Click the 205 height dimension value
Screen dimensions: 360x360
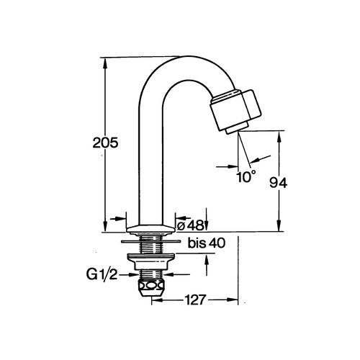[x=105, y=143]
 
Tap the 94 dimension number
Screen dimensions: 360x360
[x=278, y=184]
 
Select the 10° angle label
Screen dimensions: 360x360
[x=246, y=176]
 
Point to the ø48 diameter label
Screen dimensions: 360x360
[x=189, y=225]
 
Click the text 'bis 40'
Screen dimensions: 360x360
[x=207, y=243]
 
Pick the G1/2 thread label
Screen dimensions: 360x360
[x=102, y=275]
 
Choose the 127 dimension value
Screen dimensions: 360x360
[x=195, y=300]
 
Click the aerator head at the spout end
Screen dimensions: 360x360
[x=235, y=110]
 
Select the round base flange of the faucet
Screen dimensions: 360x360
[x=150, y=229]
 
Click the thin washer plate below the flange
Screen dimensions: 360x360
[x=150, y=241]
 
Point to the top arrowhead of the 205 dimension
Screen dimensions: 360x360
[x=105, y=63]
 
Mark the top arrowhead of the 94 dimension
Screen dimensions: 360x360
[x=279, y=136]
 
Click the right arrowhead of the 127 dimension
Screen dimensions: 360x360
[x=232, y=300]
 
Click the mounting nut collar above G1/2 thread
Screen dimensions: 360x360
[x=150, y=261]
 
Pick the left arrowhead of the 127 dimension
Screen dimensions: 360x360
[x=158, y=300]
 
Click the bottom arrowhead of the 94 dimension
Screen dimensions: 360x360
[x=279, y=226]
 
